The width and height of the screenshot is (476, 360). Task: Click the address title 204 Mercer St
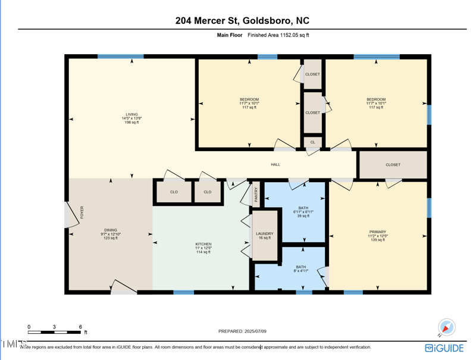[242, 21]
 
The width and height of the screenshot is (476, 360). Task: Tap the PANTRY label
[256, 194]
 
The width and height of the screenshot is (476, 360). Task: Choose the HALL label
[275, 164]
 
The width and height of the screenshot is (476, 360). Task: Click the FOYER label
[82, 212]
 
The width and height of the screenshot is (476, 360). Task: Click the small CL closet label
[312, 142]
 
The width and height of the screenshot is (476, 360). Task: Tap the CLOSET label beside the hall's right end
[393, 165]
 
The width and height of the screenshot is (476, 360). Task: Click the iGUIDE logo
[444, 348]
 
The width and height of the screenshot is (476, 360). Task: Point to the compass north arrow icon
[446, 327]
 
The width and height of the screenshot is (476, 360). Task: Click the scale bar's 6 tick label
[80, 327]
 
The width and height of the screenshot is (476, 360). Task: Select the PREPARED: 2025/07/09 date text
[242, 331]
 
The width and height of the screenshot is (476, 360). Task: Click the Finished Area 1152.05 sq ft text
[278, 35]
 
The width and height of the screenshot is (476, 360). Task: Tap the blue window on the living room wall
[120, 57]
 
